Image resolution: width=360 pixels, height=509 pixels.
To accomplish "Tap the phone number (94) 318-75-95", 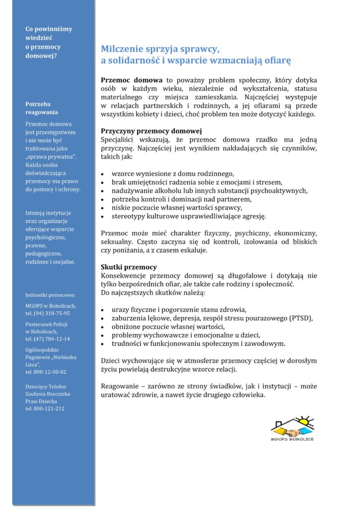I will (x=52, y=313).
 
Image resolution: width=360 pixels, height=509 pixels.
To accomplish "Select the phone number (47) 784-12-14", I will (x=52, y=339).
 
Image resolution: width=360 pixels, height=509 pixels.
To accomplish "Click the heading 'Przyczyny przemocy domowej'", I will (x=144, y=131).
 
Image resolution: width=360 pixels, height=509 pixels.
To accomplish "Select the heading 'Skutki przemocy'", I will (x=129, y=267).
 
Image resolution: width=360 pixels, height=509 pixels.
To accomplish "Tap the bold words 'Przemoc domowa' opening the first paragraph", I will (x=132, y=80).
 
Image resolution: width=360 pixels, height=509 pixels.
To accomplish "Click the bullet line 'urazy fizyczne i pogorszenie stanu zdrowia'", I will (x=179, y=309).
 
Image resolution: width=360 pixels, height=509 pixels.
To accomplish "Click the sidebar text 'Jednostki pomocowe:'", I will (x=50, y=295).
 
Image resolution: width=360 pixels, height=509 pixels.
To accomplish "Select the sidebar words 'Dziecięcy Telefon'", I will (x=46, y=386).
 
